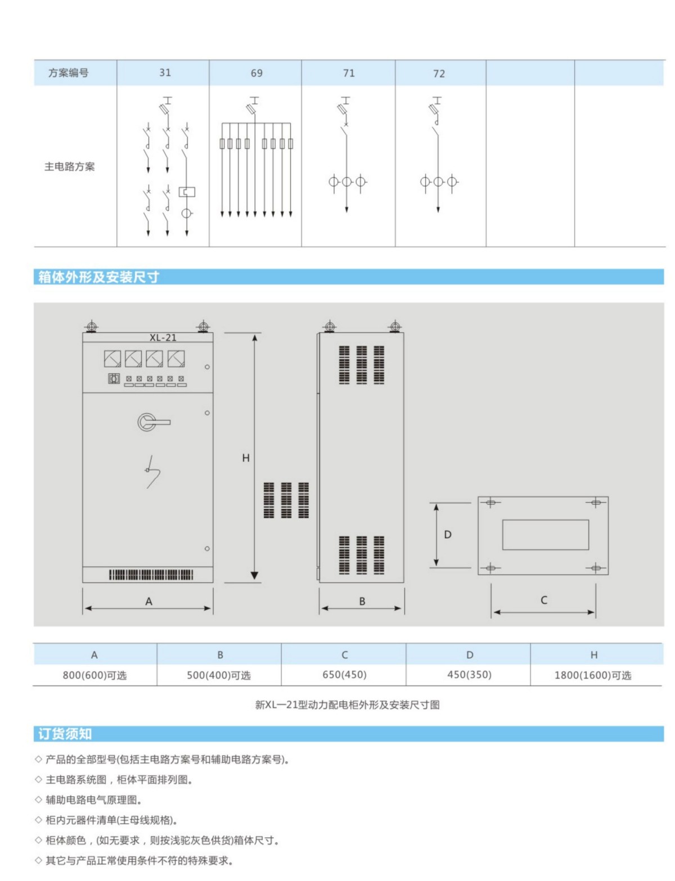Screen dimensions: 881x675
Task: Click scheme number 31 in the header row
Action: [165, 73]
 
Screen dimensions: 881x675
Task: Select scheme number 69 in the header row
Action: [256, 73]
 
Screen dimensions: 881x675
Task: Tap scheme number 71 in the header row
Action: [349, 73]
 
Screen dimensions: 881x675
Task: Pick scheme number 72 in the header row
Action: [439, 74]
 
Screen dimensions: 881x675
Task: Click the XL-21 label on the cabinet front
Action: [163, 337]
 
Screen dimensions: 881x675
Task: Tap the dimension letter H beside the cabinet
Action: [246, 458]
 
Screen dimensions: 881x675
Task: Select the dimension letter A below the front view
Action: [149, 602]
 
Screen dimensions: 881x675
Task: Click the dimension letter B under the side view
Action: [362, 602]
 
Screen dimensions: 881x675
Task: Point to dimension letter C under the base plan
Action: [544, 600]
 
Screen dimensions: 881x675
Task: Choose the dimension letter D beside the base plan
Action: [448, 535]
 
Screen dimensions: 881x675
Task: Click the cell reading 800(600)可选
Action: [94, 675]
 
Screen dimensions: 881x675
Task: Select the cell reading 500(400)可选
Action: [219, 675]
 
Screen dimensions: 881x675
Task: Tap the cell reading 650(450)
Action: [344, 675]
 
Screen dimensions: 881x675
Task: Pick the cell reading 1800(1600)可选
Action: [593, 675]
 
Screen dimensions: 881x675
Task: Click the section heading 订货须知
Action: [65, 734]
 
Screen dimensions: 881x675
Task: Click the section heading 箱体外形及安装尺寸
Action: [98, 277]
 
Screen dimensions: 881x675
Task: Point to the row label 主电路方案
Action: [70, 166]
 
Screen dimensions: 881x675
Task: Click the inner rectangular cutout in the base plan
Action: [545, 535]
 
